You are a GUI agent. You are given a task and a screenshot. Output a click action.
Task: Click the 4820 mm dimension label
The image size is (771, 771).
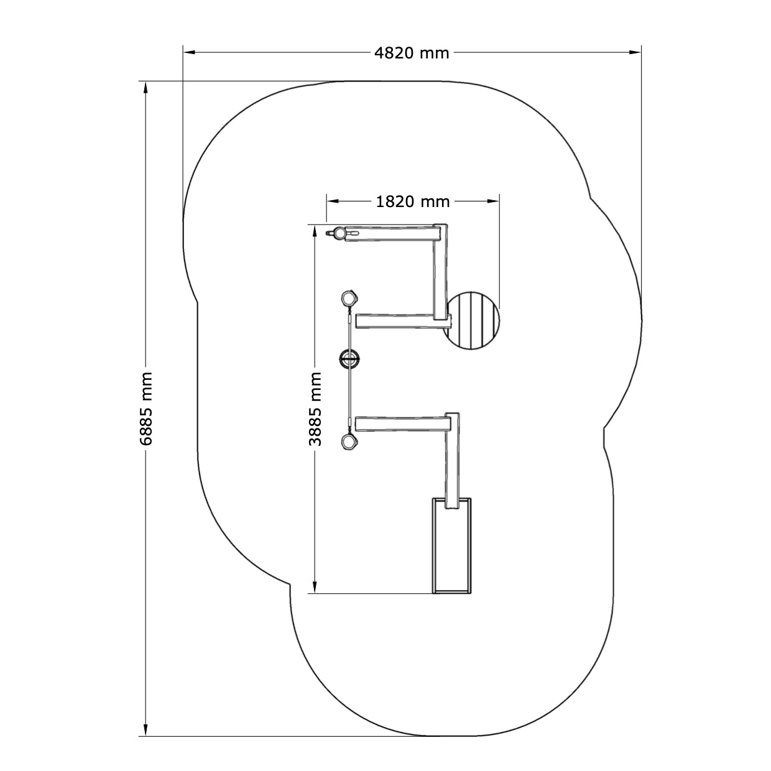(x=412, y=53)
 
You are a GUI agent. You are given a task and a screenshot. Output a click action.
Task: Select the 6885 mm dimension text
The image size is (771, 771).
(x=146, y=409)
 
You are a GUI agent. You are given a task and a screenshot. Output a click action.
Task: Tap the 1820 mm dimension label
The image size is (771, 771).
(x=413, y=201)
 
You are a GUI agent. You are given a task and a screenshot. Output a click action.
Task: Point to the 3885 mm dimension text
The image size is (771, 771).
(x=315, y=409)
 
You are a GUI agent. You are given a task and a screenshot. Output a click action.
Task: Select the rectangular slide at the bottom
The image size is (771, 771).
(x=451, y=545)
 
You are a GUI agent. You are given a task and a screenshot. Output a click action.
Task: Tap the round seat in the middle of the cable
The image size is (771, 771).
(x=349, y=358)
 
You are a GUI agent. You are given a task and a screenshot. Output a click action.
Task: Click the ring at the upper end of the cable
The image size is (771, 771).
(x=349, y=298)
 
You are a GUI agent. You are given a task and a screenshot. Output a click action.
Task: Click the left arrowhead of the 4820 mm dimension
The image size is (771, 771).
(x=189, y=52)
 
